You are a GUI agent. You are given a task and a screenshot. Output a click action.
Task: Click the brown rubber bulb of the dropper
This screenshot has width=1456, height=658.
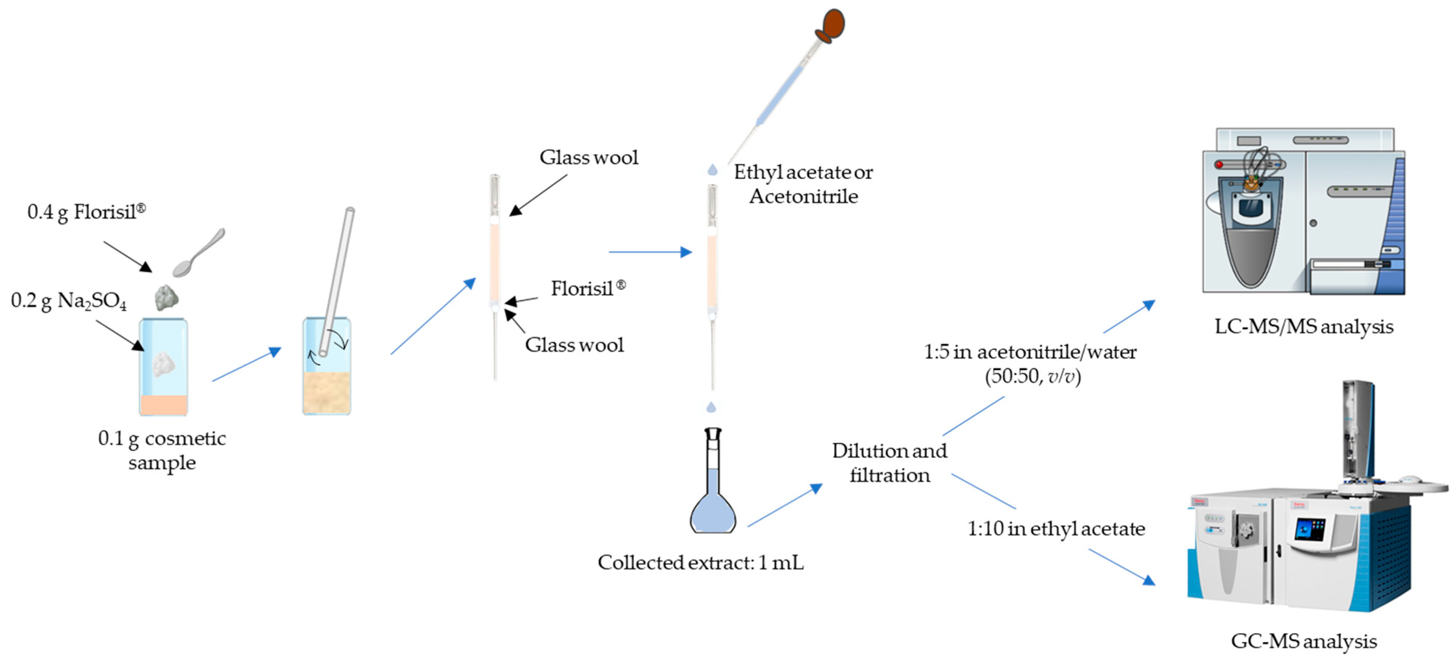[832, 26]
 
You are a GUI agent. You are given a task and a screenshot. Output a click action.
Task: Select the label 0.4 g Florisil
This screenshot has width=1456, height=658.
[86, 212]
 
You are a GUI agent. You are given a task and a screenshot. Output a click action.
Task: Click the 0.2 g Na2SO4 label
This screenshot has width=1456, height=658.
[68, 301]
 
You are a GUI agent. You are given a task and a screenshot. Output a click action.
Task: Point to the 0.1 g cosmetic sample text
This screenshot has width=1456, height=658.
[162, 450]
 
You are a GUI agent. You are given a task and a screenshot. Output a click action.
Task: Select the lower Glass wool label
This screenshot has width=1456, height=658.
[574, 345]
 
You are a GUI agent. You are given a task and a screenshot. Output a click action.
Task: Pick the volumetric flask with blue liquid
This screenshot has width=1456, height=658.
[712, 497]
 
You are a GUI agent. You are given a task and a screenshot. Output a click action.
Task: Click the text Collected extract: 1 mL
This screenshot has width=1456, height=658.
[700, 563]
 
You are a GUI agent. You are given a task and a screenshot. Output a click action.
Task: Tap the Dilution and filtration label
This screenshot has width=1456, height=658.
[889, 463]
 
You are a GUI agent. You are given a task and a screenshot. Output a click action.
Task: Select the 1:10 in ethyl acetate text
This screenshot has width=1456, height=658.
[1056, 528]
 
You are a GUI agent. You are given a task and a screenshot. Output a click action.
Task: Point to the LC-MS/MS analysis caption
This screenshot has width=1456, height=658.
[1304, 327]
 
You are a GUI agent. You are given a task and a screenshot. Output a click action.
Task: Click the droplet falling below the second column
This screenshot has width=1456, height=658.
[711, 407]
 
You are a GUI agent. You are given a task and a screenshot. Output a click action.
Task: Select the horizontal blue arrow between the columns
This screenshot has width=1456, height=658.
[650, 252]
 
